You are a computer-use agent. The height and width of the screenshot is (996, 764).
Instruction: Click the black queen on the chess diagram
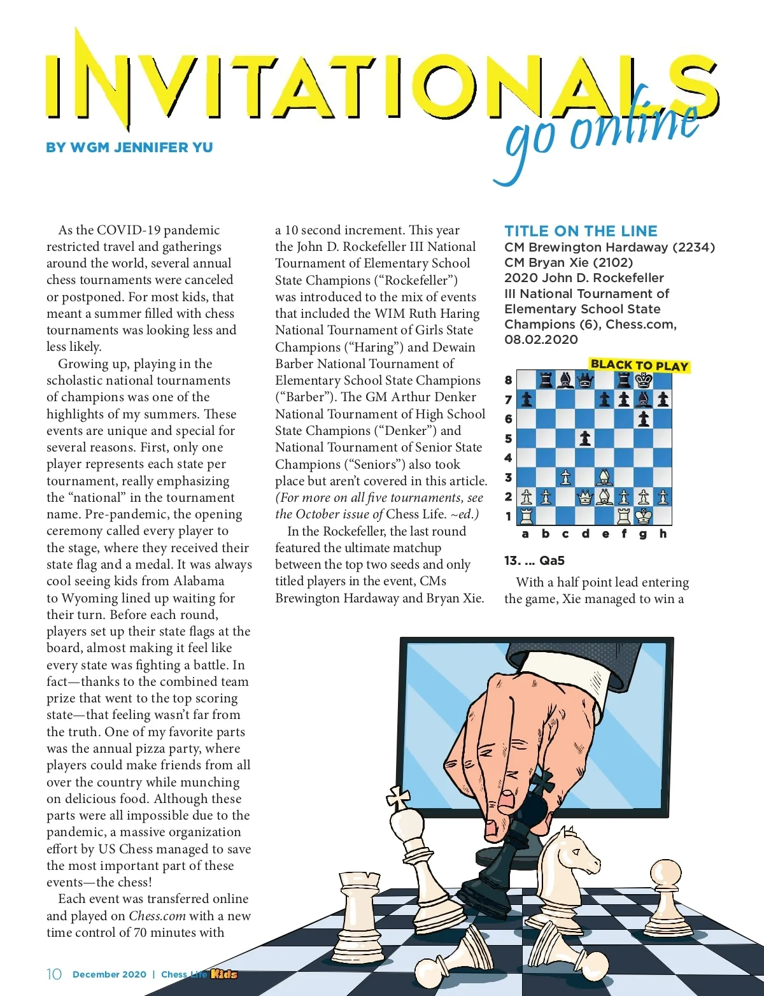[x=584, y=381]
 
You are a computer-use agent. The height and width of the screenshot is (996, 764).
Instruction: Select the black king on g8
[x=644, y=381]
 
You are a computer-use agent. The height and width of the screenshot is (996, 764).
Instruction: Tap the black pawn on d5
[x=584, y=439]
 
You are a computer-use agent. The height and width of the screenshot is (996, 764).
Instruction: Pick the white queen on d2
[x=584, y=497]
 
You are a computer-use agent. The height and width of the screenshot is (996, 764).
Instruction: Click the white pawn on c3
[x=565, y=477]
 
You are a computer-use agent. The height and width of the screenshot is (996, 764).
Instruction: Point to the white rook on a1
[x=527, y=516]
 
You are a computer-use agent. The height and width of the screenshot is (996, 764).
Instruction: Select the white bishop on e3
[x=604, y=477]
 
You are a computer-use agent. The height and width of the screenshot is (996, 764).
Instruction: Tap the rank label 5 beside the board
[x=508, y=439]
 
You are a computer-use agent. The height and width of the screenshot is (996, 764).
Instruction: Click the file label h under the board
[x=663, y=534]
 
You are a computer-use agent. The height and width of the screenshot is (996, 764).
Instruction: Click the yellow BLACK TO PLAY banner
[x=639, y=366]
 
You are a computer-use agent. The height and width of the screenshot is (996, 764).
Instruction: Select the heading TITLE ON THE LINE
[x=581, y=231]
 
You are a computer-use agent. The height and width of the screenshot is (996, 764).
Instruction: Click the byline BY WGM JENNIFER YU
[x=129, y=148]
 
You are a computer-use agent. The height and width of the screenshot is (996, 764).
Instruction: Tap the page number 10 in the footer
[x=54, y=974]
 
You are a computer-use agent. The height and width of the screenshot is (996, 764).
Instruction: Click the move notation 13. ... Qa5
[x=534, y=560]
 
